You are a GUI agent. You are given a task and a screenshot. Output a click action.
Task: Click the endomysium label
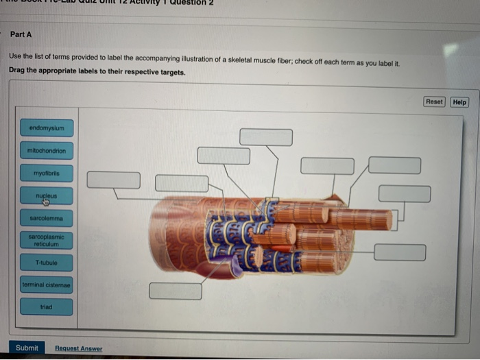(47, 128)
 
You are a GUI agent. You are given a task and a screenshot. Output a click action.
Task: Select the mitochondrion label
(47, 150)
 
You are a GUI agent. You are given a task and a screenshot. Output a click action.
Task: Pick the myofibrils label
(47, 173)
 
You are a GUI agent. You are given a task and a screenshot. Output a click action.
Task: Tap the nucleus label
(47, 196)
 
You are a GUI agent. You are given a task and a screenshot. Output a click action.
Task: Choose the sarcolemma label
(47, 218)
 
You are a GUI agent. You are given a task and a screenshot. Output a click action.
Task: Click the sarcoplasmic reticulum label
(47, 240)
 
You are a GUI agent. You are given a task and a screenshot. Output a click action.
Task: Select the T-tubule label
(47, 263)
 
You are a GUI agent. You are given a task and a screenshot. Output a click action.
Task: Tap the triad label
(47, 307)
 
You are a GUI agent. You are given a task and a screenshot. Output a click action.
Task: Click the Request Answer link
(78, 348)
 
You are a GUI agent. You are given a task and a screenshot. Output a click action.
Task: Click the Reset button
(434, 102)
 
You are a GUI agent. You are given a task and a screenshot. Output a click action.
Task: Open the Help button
(459, 102)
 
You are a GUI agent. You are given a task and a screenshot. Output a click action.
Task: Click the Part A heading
(21, 34)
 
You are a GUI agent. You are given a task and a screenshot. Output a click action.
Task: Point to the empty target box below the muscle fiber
(176, 291)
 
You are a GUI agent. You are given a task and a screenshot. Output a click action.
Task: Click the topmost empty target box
(266, 137)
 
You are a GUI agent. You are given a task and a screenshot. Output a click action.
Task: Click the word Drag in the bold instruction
(19, 71)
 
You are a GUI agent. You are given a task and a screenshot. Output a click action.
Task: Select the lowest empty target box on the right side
(400, 252)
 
